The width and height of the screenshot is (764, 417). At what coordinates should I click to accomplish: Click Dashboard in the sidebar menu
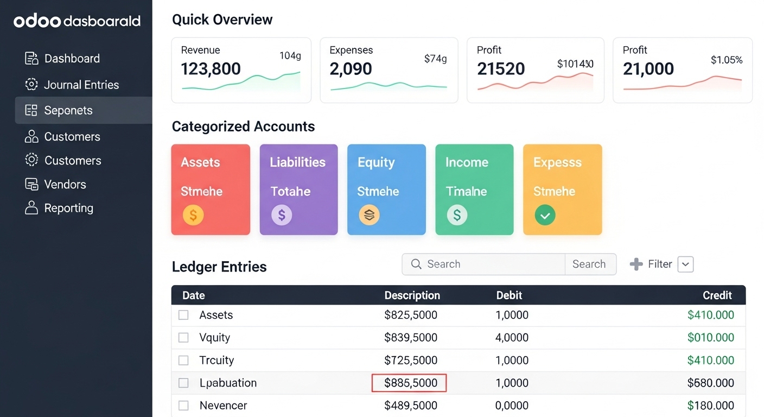pos(72,59)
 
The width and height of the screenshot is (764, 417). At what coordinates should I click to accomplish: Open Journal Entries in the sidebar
pos(81,85)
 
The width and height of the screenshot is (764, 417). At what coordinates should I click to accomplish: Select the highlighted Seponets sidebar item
pos(68,111)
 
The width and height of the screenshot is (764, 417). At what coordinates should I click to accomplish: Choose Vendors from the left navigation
pos(65,185)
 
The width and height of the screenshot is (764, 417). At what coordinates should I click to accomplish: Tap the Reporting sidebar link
pos(68,208)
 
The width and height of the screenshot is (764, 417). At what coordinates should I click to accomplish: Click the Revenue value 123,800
pos(211,69)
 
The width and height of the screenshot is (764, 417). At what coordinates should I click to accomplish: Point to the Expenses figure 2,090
pos(351,69)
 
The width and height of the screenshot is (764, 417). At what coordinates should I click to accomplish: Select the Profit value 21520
pos(501,69)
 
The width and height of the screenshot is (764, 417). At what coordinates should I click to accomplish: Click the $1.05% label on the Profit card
pos(727,60)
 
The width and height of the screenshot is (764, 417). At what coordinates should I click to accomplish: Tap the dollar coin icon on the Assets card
pos(193,215)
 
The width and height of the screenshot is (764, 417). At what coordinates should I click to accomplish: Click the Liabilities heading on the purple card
pos(297,162)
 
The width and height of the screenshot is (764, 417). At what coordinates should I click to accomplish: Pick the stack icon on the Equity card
pos(369,215)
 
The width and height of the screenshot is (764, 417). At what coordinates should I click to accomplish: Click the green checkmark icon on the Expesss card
pos(545,215)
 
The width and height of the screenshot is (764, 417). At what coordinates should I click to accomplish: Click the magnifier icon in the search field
pos(416,264)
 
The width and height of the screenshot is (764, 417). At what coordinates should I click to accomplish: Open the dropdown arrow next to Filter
pos(685,264)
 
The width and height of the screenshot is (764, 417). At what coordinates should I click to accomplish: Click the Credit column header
pos(717,295)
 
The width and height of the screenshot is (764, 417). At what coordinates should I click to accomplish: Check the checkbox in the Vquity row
pos(183,338)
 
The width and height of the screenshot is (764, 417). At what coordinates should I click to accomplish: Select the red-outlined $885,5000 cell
pos(409,383)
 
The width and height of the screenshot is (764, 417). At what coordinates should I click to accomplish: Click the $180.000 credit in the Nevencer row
pos(710,406)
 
